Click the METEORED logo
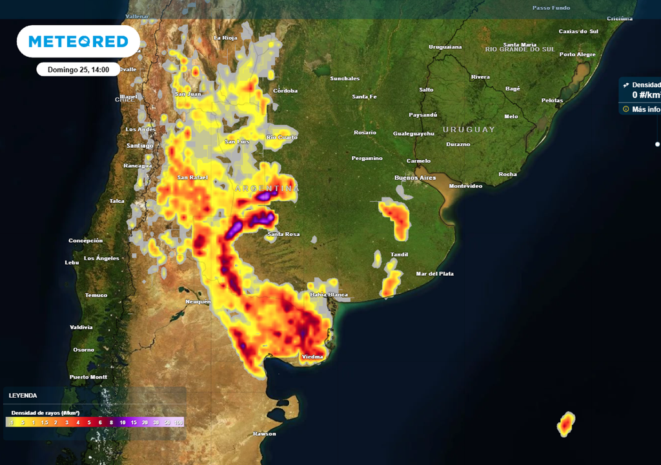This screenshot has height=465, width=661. [78, 41]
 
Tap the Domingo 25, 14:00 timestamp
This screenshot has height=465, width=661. [78, 69]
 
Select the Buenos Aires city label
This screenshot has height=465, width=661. [415, 178]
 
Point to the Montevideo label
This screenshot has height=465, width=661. [465, 186]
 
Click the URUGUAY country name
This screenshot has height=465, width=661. [469, 129]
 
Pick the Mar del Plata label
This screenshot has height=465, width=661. [435, 274]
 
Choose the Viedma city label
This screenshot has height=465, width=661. [312, 356]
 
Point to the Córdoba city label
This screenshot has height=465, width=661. [285, 91]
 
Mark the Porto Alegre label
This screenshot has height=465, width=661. [577, 54]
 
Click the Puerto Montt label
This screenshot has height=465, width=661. [88, 377]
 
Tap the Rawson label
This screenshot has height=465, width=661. [265, 433]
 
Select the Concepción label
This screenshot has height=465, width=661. [85, 241]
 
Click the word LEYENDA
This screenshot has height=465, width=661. [23, 395]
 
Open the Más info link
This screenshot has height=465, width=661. [646, 109]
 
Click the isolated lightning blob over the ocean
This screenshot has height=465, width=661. [566, 424]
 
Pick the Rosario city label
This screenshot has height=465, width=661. [365, 132]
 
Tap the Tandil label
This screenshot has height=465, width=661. [400, 254]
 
